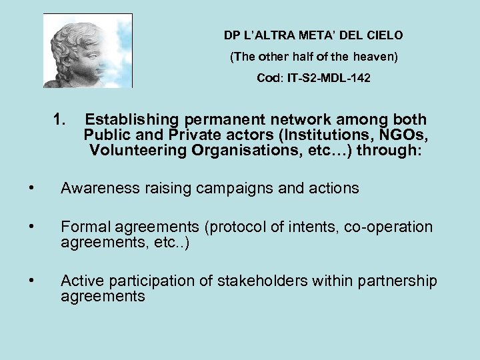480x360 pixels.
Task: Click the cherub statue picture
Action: tap(88, 51)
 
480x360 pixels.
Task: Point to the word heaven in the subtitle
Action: tap(377, 57)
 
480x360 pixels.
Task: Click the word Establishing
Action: tap(132, 121)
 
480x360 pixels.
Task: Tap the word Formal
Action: tap(83, 227)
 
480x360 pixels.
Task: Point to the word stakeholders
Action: tap(263, 281)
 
